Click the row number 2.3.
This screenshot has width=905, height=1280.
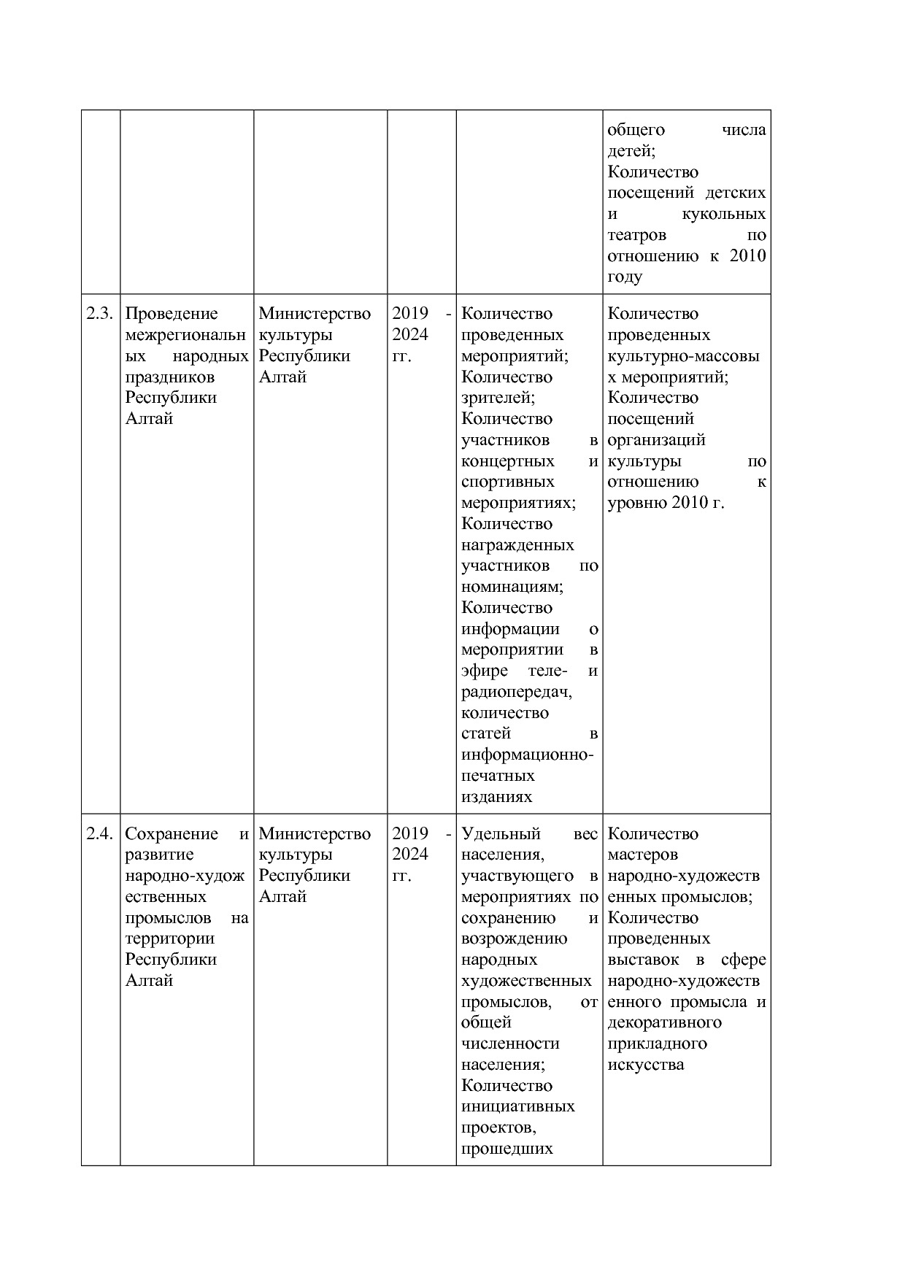(100, 314)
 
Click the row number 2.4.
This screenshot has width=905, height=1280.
(100, 834)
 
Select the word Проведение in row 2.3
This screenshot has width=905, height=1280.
(172, 314)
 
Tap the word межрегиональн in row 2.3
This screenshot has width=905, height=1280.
(186, 335)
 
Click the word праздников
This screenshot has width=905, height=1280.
(170, 377)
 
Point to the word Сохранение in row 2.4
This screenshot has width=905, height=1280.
(172, 834)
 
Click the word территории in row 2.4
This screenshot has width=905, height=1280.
(170, 938)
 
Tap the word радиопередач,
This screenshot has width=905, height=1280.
(517, 692)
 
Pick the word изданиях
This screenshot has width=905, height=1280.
(497, 797)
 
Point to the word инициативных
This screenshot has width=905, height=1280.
(518, 1106)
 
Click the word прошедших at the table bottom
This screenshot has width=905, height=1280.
(507, 1149)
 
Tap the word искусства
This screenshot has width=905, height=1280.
(646, 1065)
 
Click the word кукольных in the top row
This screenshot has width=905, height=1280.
(724, 214)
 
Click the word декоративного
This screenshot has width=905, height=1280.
(665, 1022)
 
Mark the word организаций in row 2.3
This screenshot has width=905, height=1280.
(657, 440)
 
